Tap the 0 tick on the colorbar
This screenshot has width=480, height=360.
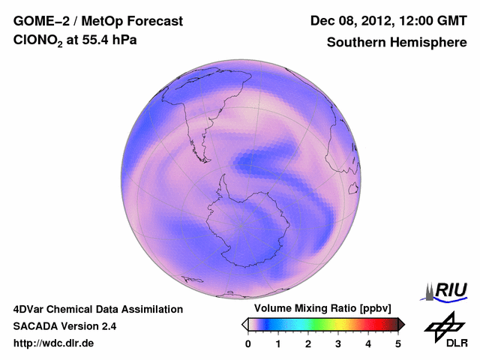click(x=248, y=343)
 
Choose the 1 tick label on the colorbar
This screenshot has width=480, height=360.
click(x=278, y=343)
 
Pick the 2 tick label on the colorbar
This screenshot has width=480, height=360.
click(x=308, y=343)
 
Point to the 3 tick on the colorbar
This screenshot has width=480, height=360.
click(x=338, y=343)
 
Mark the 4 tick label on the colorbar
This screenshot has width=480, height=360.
click(x=368, y=343)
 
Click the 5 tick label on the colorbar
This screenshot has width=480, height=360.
click(x=398, y=343)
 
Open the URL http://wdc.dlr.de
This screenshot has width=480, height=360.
click(x=54, y=343)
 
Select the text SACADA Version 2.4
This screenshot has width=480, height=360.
click(x=64, y=326)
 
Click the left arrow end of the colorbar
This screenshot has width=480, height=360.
click(x=244, y=324)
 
